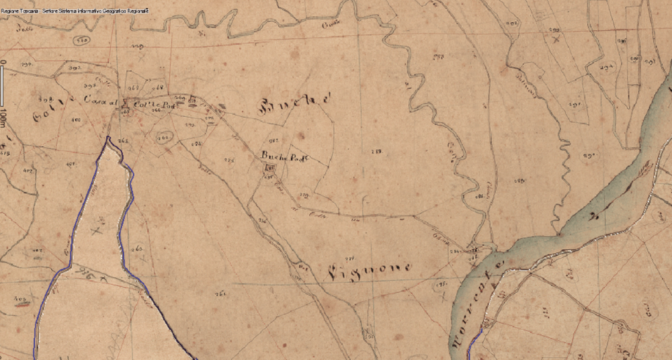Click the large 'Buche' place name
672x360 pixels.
coord(295,105)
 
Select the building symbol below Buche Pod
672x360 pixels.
coord(270,168)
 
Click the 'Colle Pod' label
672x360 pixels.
coord(149,105)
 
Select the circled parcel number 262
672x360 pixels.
coord(163,137)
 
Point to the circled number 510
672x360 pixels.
coord(83,41)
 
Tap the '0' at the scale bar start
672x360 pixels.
coord(3,62)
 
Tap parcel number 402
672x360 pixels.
coord(28,171)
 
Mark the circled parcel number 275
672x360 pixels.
coord(443,285)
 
